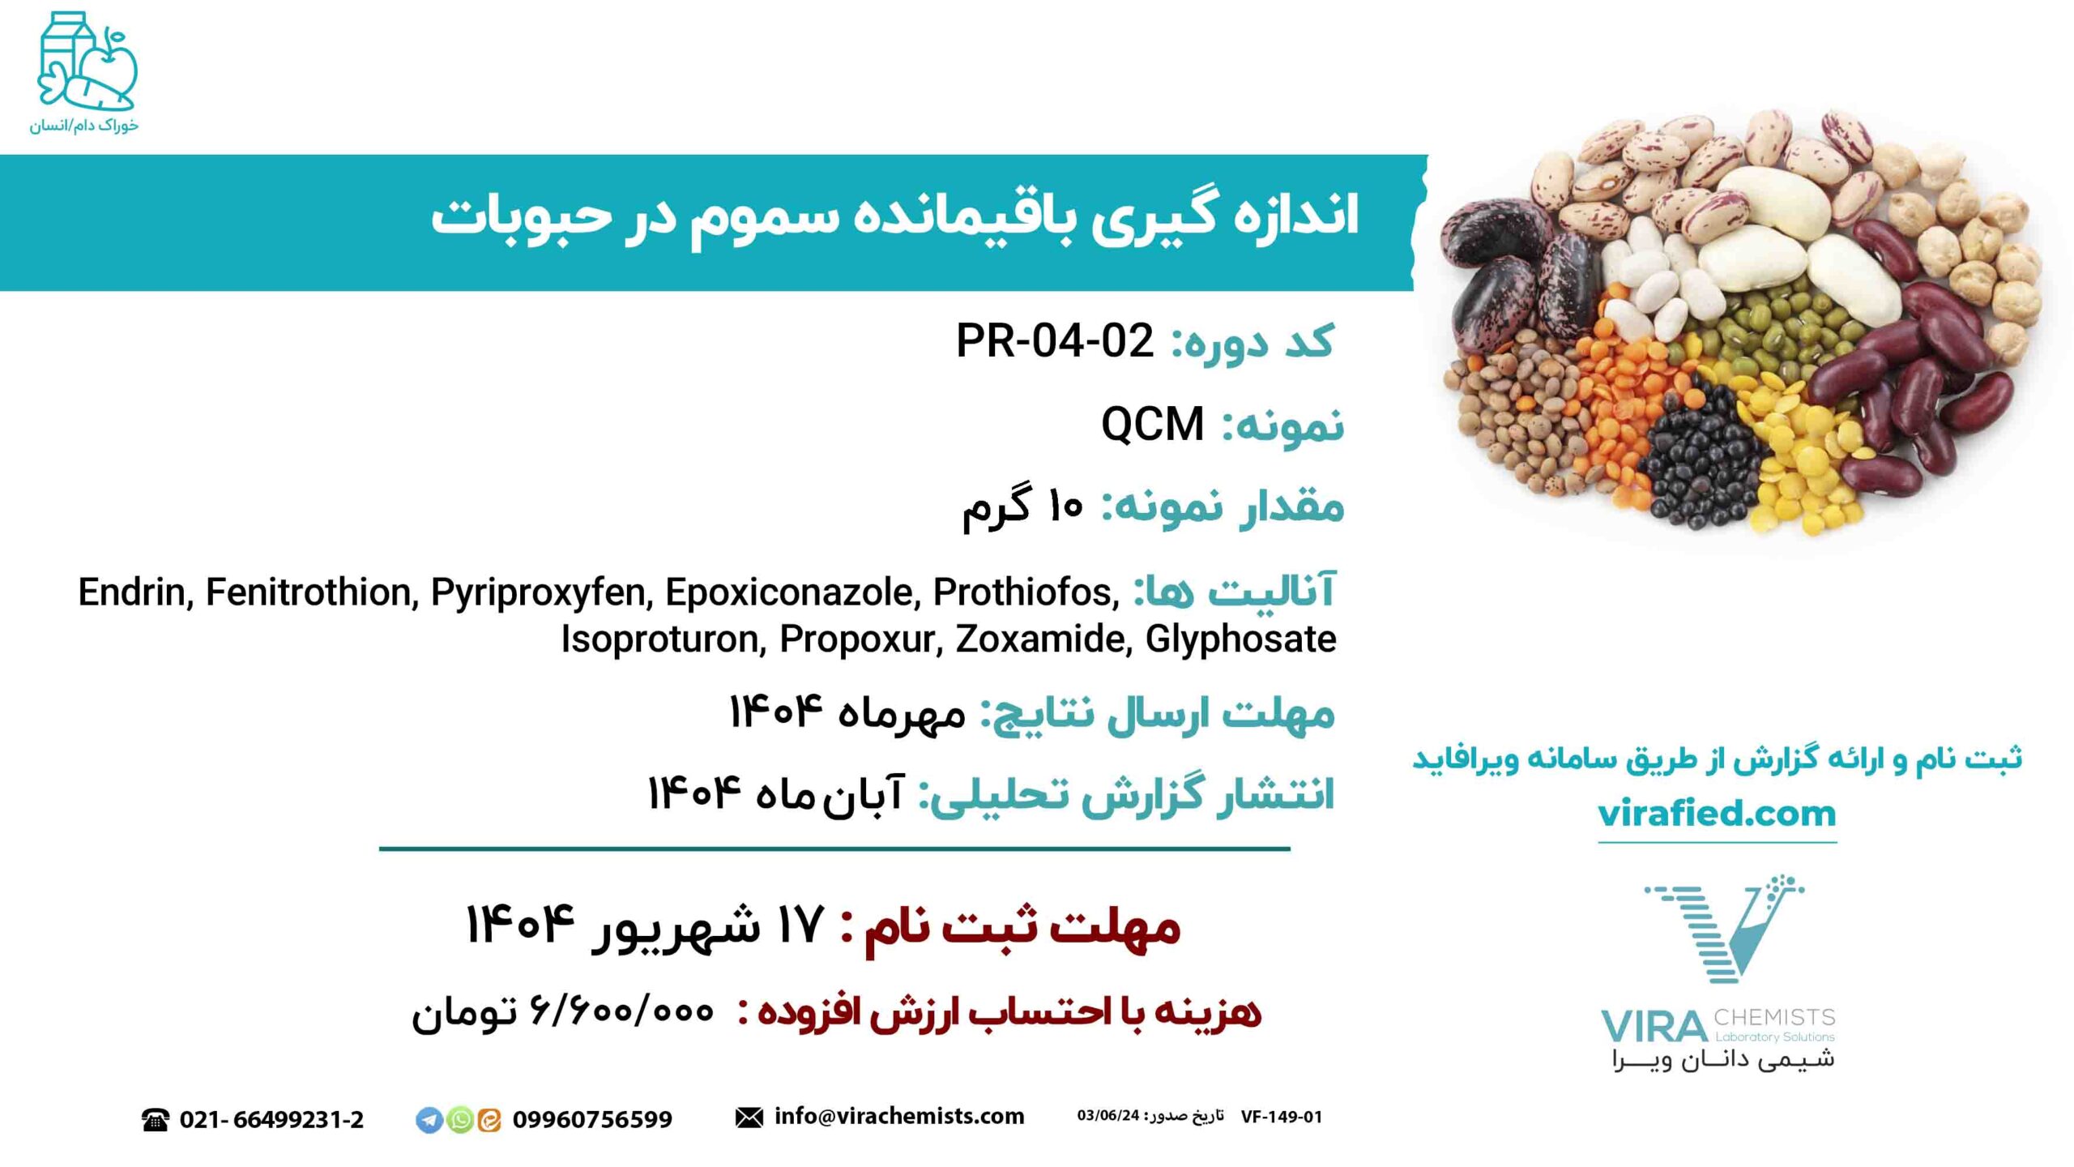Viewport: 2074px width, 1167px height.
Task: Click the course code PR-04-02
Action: coord(1055,340)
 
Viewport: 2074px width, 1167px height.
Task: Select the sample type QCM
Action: coord(1152,424)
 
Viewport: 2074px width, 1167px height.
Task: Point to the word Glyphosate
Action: coord(1240,639)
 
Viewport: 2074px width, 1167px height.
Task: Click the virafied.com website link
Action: coord(1717,814)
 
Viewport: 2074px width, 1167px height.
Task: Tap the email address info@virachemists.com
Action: coord(899,1116)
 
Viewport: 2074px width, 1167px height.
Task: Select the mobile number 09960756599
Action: coord(592,1120)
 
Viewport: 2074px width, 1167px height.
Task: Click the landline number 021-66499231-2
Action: coord(271,1120)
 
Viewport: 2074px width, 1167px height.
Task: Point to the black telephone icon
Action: coord(155,1120)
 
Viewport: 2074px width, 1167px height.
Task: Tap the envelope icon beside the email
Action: coord(749,1118)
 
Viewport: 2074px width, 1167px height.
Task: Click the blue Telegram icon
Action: coord(429,1120)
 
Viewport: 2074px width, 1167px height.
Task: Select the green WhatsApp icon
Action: coord(459,1120)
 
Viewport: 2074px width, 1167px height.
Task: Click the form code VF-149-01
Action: coord(1281,1117)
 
